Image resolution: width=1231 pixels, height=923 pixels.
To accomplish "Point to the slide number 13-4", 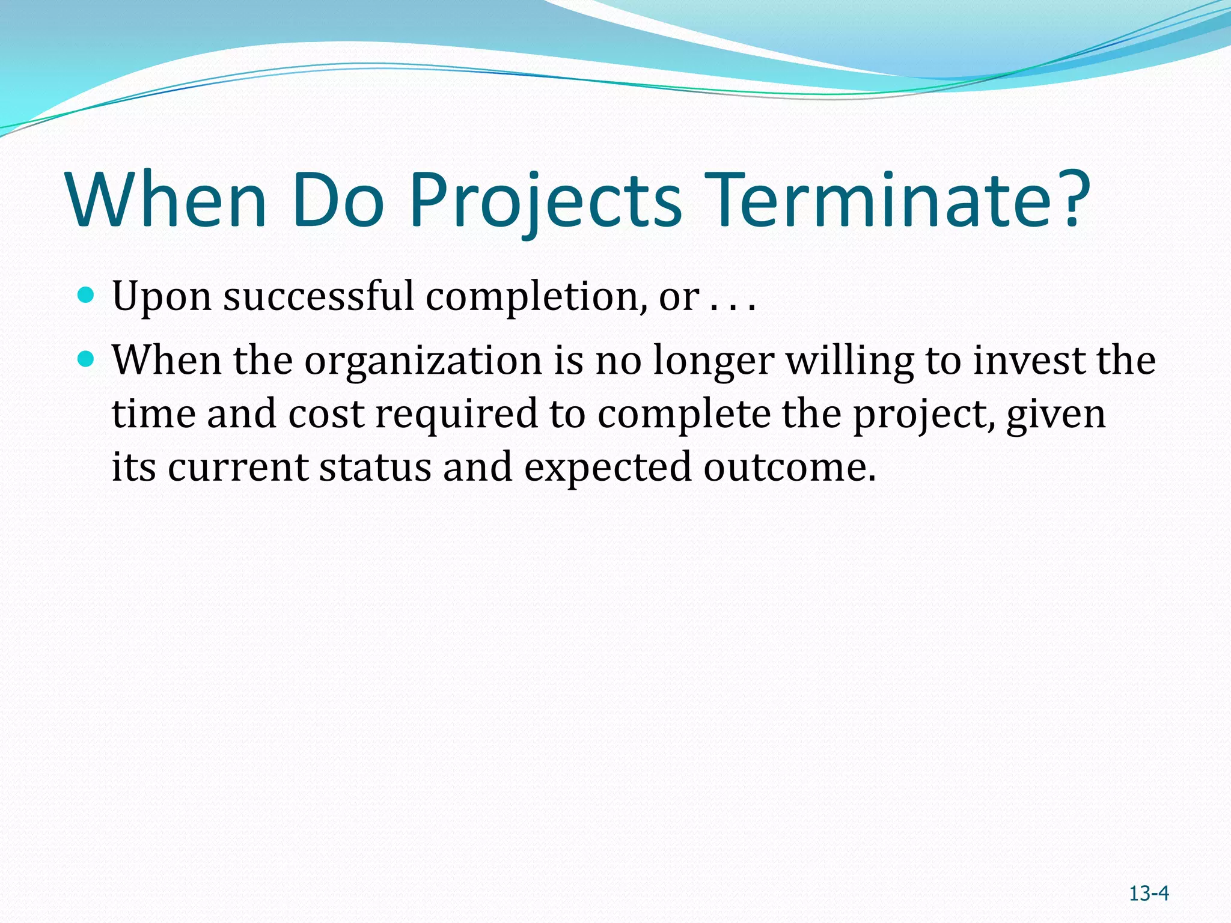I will coord(1148,894).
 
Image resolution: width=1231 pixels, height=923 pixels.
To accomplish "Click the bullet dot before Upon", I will coord(87,295).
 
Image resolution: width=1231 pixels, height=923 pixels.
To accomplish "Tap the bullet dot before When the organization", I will coord(87,359).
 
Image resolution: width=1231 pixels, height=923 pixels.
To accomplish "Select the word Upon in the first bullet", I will coord(162,297).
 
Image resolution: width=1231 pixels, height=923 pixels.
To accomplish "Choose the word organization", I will coord(423,362).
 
